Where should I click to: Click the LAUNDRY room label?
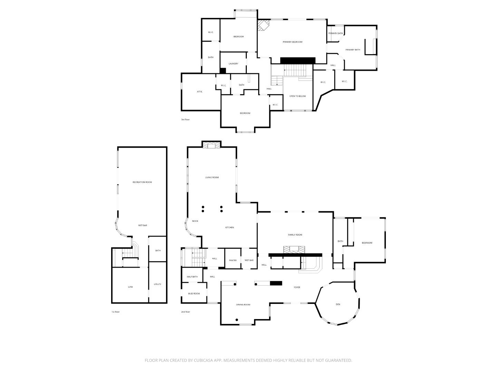point(233,64)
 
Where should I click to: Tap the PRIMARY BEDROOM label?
point(292,42)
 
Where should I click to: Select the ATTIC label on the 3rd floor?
point(199,92)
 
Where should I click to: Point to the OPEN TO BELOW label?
point(298,96)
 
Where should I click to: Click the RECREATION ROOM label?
point(142,182)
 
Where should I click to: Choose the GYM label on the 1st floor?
point(130,287)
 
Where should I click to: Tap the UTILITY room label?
point(157,284)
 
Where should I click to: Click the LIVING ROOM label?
point(212,178)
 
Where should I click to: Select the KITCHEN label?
point(230,227)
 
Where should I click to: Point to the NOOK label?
point(195,221)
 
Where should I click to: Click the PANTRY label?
point(233,260)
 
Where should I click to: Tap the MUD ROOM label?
point(194,294)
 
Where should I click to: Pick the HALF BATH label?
point(192,277)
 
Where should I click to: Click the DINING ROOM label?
point(243,305)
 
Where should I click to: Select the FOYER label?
point(297,287)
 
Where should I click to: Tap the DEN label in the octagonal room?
point(338,304)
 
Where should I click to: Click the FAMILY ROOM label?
point(295,235)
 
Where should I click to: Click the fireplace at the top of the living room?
point(212,146)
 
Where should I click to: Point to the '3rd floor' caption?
point(185,119)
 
